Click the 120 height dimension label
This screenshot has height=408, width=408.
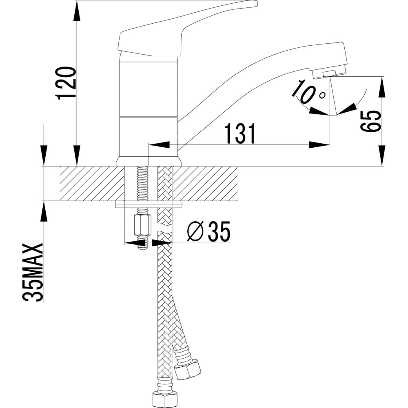(x=66, y=83)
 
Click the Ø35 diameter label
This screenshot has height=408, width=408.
(x=208, y=232)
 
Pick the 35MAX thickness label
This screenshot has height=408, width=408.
(x=33, y=273)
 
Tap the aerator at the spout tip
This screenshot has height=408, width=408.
(x=329, y=73)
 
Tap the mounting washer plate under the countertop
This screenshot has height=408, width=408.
(x=149, y=204)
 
